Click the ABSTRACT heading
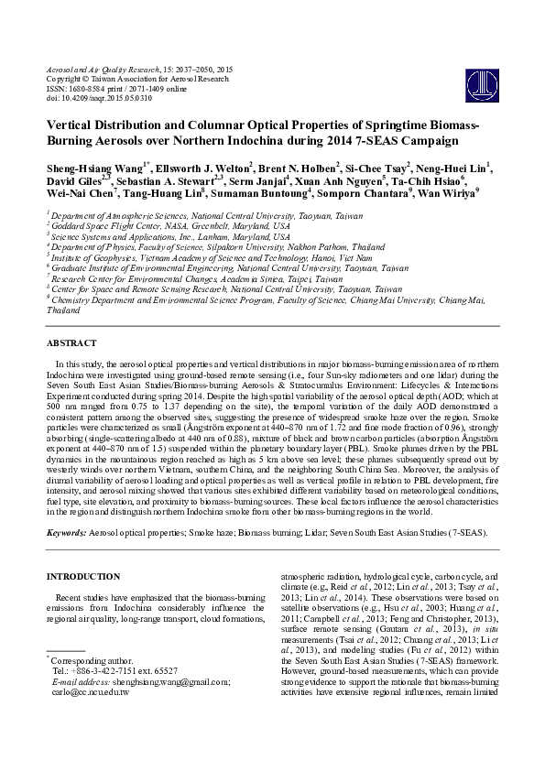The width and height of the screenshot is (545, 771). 72,342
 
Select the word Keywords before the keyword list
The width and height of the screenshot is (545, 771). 66,532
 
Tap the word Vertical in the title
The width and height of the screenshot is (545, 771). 71,125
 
